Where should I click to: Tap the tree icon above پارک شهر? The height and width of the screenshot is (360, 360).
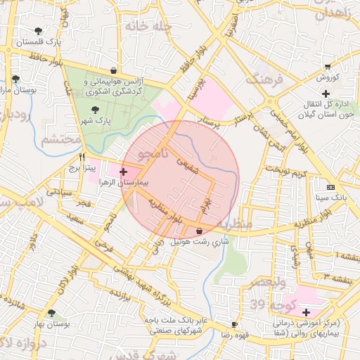click(x=95, y=110)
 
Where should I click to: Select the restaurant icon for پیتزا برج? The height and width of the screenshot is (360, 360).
click(x=82, y=157)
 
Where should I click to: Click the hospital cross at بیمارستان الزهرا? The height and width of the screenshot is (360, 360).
click(x=124, y=172)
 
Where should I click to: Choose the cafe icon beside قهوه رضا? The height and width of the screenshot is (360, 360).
click(x=234, y=325)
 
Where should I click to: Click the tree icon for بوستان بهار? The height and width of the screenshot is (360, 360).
click(x=51, y=313)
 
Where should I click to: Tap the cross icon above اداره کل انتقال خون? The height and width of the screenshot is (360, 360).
click(x=326, y=94)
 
